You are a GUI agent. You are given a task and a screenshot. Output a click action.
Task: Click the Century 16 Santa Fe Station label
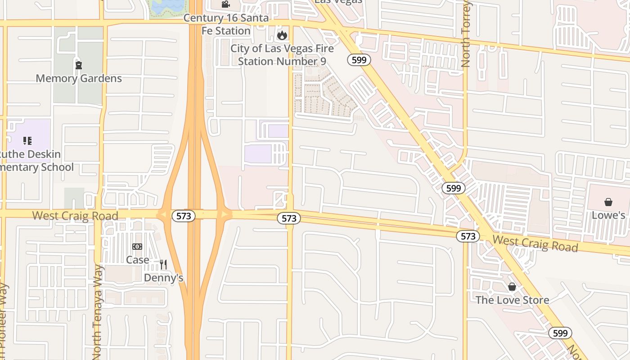pos(226,25)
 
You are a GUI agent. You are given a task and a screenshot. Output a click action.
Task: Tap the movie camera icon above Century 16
pos(225,4)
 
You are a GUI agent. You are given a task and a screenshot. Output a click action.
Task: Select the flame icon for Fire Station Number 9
pos(282,35)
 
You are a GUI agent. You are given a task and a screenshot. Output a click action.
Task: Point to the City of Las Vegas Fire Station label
pos(282,55)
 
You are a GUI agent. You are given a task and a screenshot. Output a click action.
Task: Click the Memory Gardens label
pos(79,78)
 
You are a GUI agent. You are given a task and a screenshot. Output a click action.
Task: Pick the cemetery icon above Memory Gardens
pos(79,65)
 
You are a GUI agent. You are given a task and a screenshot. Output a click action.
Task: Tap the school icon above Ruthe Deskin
pos(27,141)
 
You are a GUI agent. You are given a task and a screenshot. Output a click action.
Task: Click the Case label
pos(137,260)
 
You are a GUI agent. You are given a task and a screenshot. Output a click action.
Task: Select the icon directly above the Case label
pos(137,247)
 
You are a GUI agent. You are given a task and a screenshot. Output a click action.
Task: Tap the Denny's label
pos(163,278)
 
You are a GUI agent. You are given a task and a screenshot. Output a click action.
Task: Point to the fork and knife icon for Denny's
pos(163,265)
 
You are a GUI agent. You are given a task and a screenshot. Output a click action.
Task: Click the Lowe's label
pos(608,215)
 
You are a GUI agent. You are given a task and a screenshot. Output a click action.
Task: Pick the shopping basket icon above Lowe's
pos(608,202)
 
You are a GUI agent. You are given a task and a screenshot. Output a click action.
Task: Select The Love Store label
pos(512,300)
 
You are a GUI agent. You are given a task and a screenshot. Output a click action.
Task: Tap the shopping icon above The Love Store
pos(512,287)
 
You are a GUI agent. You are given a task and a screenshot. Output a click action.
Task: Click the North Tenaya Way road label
pos(97,313)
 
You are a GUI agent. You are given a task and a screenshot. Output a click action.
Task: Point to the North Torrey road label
pos(466,34)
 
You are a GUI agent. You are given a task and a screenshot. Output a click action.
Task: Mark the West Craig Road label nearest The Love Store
pos(535,243)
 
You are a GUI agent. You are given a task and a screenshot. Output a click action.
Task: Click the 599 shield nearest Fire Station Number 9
pos(359,60)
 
